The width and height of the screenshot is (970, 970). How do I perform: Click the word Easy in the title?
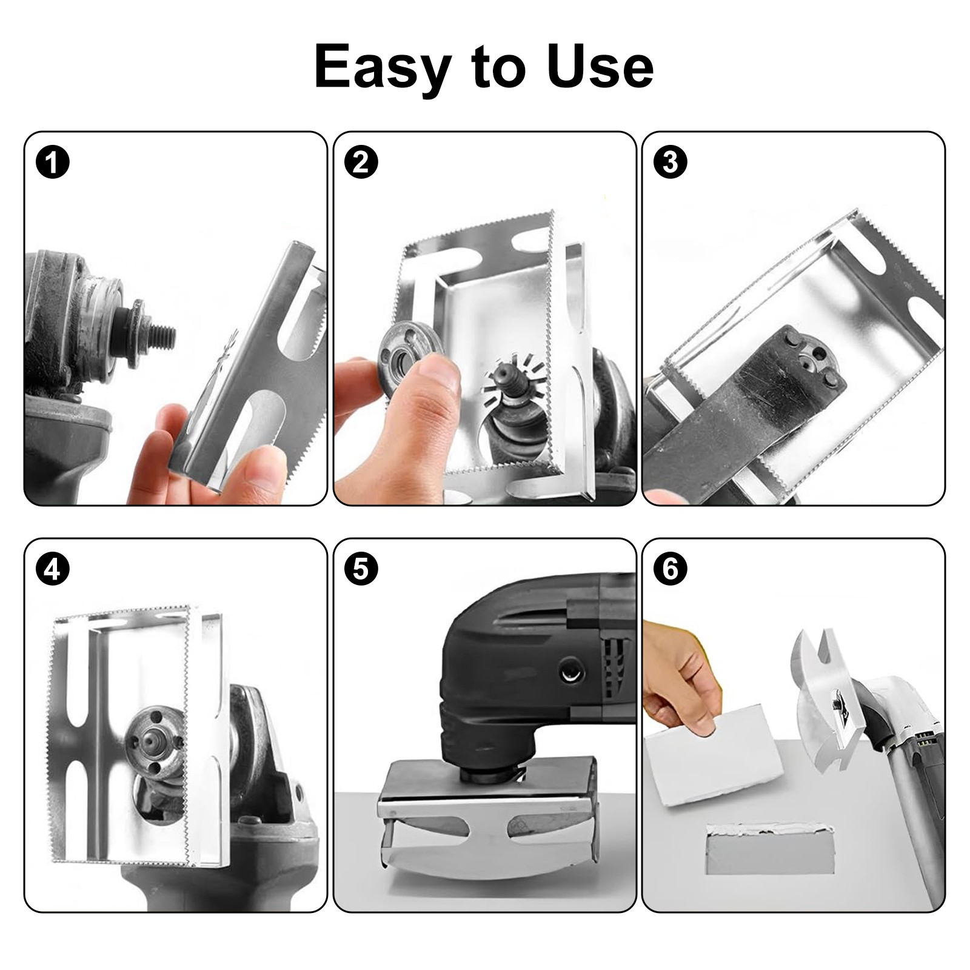tap(383, 67)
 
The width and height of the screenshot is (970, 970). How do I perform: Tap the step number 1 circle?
tap(53, 162)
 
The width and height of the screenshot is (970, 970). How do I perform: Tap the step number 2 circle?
tap(361, 162)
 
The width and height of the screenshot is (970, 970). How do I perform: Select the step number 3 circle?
tap(670, 162)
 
